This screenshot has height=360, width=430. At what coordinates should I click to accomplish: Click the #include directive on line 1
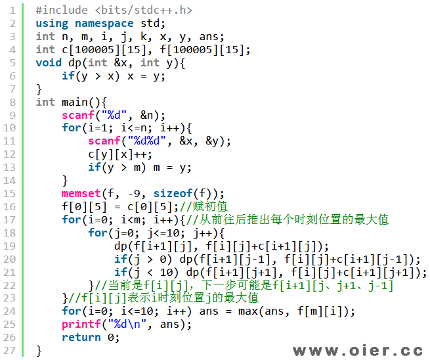[62, 11]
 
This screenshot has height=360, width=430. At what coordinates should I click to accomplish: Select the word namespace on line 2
[104, 24]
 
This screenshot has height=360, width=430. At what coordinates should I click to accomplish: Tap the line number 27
[11, 350]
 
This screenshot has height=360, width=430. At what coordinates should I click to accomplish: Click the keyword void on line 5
[49, 63]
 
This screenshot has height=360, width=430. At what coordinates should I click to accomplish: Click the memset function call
[81, 194]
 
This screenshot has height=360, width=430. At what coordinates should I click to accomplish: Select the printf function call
[81, 325]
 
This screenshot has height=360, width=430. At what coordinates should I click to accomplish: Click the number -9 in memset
[140, 194]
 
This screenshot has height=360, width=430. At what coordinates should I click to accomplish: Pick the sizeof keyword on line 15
[173, 194]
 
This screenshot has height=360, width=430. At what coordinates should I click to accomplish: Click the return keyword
[81, 338]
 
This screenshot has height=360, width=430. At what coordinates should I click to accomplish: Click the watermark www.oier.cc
[357, 350]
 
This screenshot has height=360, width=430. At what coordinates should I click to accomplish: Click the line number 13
[11, 168]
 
